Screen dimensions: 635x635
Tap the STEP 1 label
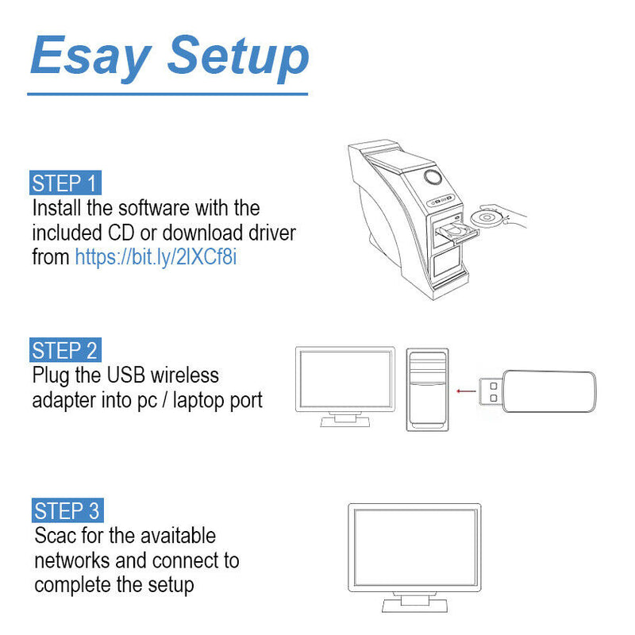(66, 183)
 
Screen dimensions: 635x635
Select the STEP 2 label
(66, 350)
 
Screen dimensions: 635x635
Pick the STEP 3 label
(68, 510)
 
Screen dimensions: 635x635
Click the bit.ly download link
(156, 257)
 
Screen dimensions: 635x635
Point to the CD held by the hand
(485, 217)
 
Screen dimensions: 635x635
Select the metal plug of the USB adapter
(492, 390)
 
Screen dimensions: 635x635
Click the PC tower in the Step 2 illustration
(427, 389)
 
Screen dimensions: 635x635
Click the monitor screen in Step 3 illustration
(414, 547)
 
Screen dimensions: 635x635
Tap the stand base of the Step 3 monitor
(414, 606)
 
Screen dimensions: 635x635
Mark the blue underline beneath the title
(167, 94)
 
